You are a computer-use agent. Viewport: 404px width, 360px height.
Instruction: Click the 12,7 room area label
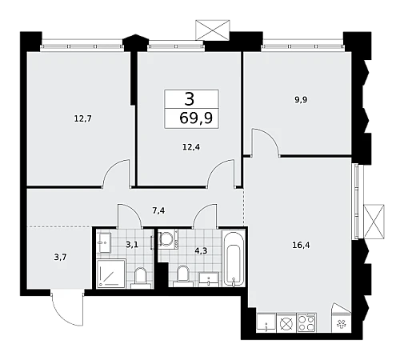coord(83,118)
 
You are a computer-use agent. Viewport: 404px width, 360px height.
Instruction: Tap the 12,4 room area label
coord(191,147)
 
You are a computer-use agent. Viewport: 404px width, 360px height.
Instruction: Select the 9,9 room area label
coord(301,100)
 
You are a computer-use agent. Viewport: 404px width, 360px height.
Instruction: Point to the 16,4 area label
coord(301,245)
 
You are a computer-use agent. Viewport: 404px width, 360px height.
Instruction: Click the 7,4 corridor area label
coord(158,210)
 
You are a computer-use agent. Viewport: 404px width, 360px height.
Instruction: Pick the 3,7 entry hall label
coord(60,258)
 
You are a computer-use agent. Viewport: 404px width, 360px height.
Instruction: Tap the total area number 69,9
coord(196,118)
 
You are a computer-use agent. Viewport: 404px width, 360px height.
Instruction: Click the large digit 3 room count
coord(190,99)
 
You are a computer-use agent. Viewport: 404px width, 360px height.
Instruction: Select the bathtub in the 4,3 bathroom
coord(234,259)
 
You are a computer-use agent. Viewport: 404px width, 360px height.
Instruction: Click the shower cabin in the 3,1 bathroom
coord(111,274)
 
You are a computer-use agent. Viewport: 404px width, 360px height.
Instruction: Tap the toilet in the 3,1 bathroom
coord(141,278)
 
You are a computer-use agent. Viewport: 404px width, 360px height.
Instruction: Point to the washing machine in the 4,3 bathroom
coord(168,239)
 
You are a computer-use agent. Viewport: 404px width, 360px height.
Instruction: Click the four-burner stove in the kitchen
coord(306,322)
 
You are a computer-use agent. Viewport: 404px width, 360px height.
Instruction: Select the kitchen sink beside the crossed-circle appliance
coord(266,322)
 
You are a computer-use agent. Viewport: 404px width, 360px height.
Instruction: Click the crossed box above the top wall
coord(213,30)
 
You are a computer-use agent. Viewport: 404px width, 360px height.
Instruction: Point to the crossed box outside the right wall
coord(374,221)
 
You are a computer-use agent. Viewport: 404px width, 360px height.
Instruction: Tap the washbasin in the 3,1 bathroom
coord(105,242)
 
